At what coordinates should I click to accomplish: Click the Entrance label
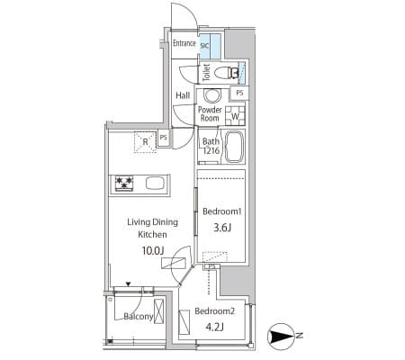pyautogui.click(x=184, y=43)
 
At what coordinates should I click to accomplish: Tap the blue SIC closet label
pyautogui.click(x=204, y=46)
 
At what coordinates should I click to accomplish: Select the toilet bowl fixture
pyautogui.click(x=227, y=72)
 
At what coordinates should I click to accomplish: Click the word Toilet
pyautogui.click(x=206, y=72)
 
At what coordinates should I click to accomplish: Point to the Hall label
pyautogui.click(x=183, y=95)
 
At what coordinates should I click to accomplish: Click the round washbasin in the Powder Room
pyautogui.click(x=212, y=95)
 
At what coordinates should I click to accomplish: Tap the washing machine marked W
pyautogui.click(x=235, y=116)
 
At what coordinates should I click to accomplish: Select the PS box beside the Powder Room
pyautogui.click(x=239, y=93)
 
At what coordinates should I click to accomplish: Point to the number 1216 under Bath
pyautogui.click(x=211, y=150)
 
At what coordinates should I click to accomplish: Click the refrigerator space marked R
pyautogui.click(x=145, y=142)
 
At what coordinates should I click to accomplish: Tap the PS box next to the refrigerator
pyautogui.click(x=164, y=138)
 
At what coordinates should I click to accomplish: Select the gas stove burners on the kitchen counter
pyautogui.click(x=124, y=183)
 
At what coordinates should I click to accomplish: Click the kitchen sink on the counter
pyautogui.click(x=155, y=183)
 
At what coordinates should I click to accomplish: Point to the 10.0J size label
pyautogui.click(x=153, y=250)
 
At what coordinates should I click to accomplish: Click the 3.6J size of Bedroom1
pyautogui.click(x=222, y=228)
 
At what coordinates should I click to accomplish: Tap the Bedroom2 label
pyautogui.click(x=214, y=311)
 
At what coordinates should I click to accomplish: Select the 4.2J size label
pyautogui.click(x=214, y=327)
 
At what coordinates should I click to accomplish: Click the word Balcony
pyautogui.click(x=139, y=317)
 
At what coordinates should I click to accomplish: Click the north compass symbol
pyautogui.click(x=282, y=337)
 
